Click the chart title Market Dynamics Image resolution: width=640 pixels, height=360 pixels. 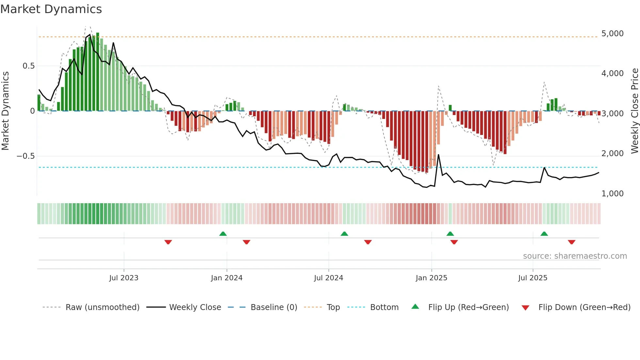(x=51, y=9)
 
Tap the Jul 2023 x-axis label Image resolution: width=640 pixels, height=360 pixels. (x=124, y=278)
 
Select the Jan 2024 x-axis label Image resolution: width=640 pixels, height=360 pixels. (x=227, y=278)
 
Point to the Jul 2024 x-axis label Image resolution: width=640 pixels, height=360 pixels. (x=328, y=278)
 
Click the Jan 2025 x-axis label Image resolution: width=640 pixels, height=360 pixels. (x=431, y=278)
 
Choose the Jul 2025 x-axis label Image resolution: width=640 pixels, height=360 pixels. (x=533, y=278)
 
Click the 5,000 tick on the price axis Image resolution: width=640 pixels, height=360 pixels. (x=612, y=34)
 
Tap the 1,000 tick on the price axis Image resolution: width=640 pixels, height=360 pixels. (x=612, y=194)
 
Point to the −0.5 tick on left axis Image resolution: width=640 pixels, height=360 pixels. (x=25, y=156)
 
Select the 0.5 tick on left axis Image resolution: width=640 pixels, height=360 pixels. (x=28, y=66)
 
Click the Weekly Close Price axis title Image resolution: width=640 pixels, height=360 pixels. (x=634, y=111)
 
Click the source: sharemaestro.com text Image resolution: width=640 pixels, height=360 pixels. (x=575, y=256)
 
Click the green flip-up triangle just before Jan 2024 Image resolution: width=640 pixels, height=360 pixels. (x=223, y=234)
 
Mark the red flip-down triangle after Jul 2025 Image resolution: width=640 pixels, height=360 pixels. (x=571, y=242)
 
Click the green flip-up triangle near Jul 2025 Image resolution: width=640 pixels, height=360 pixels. (x=544, y=234)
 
